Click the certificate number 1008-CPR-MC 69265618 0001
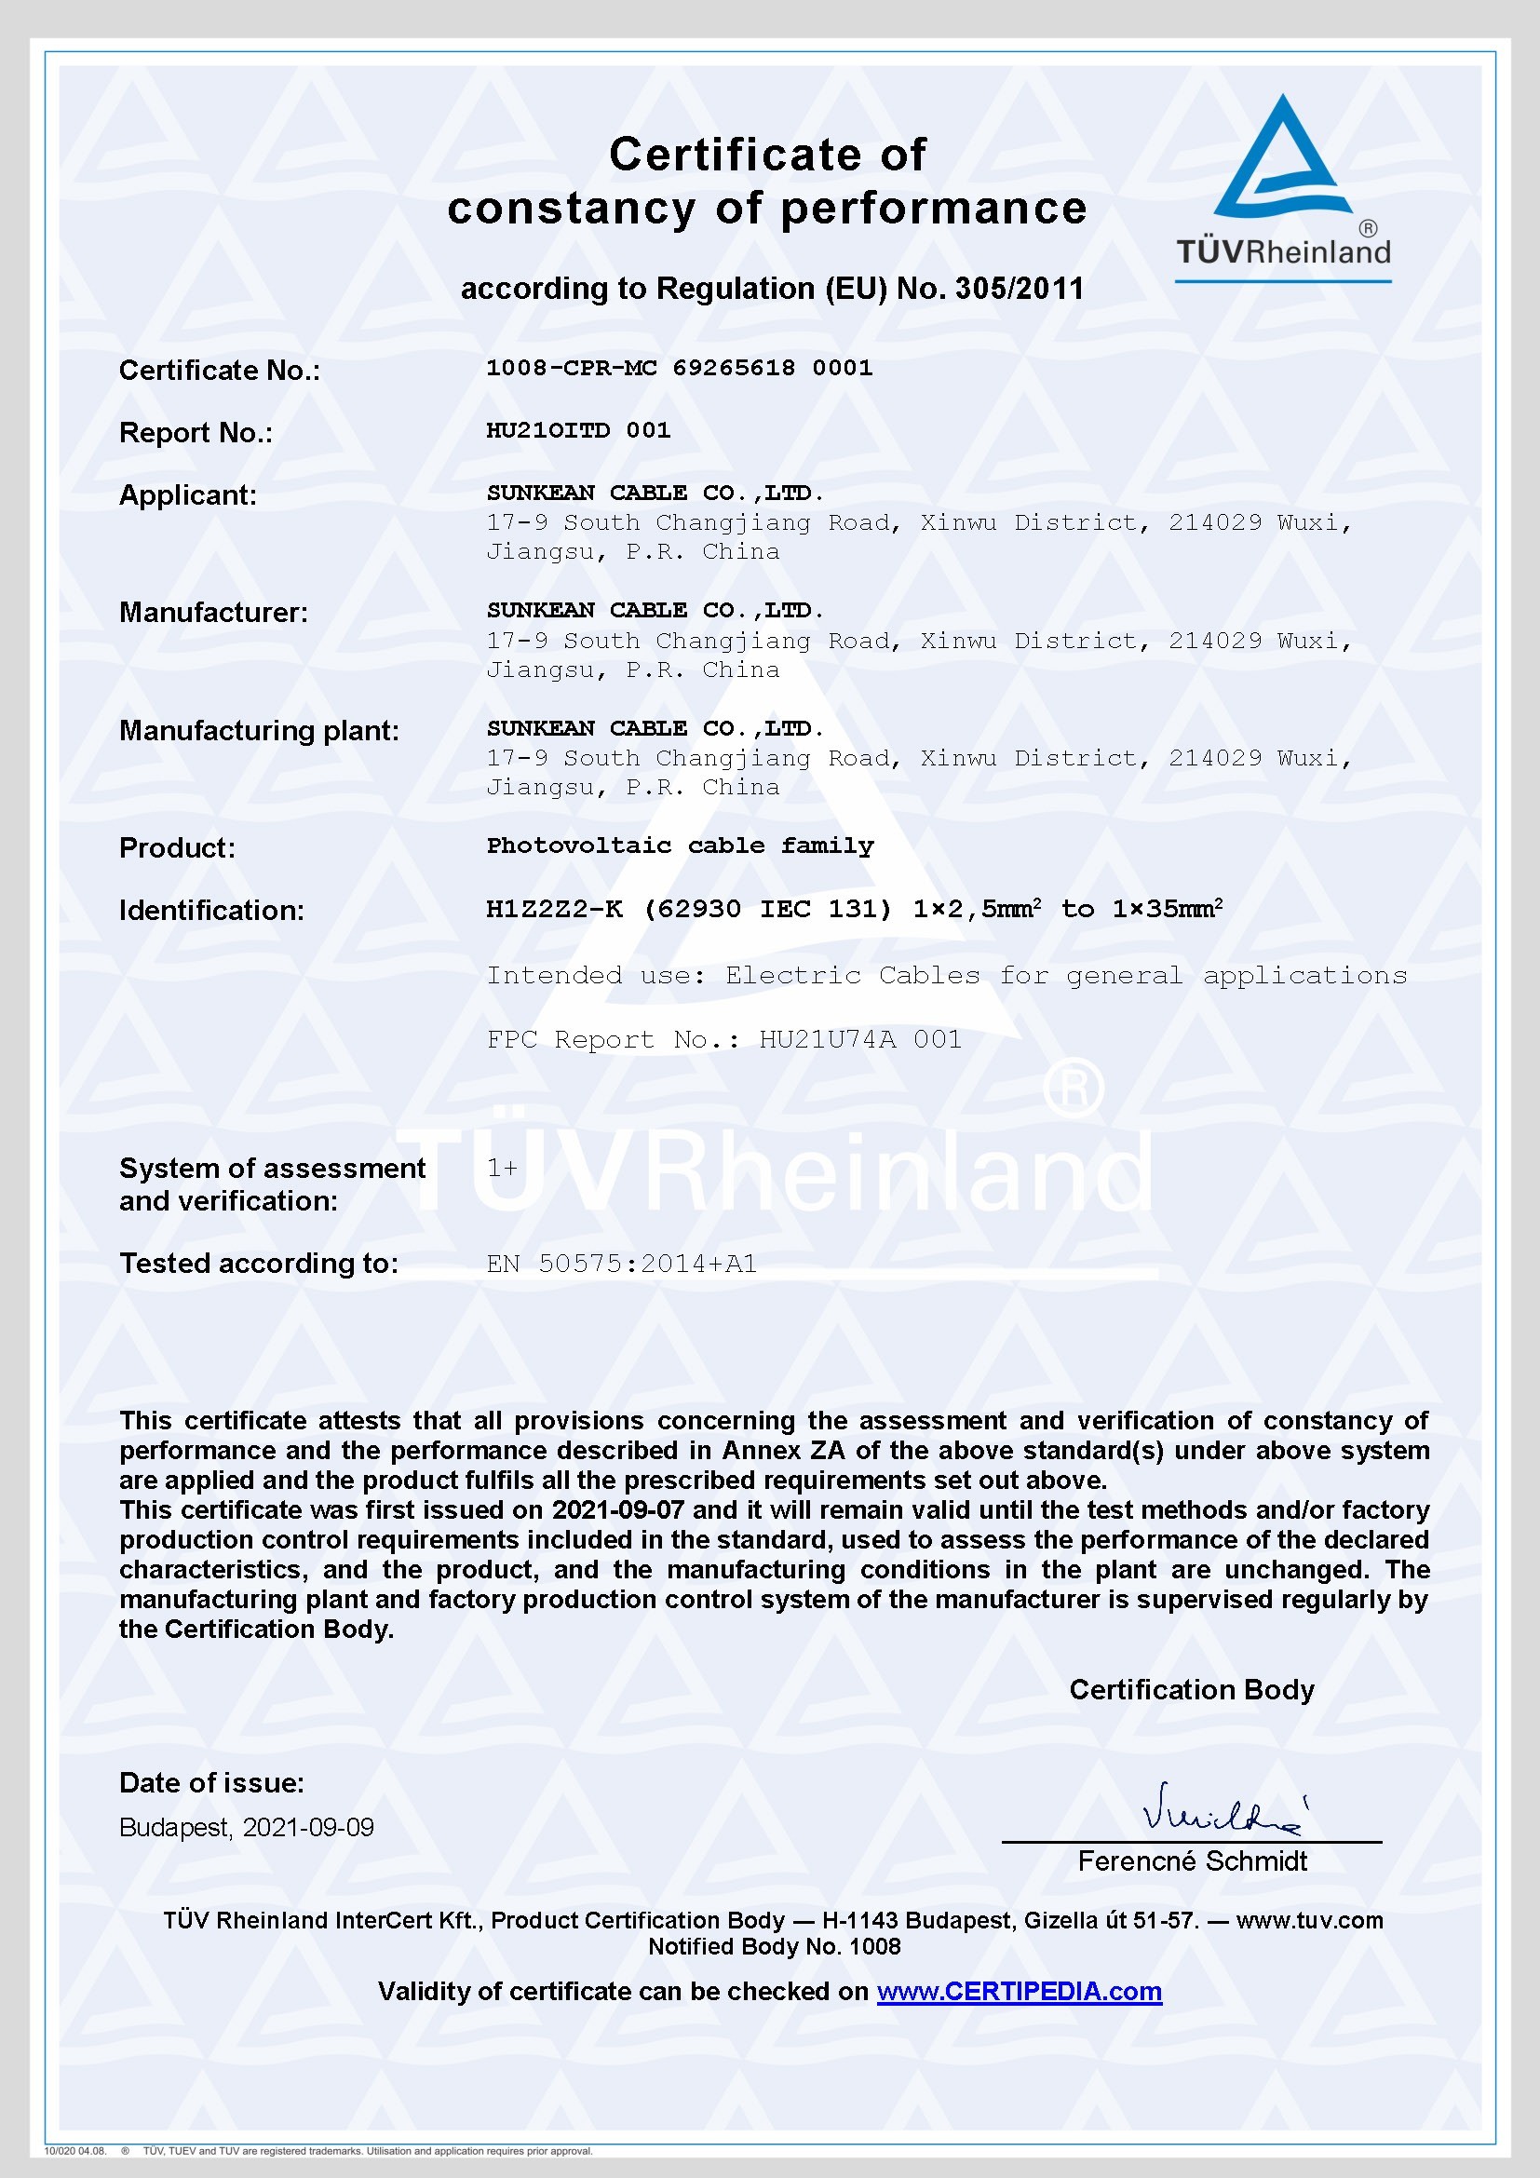679,368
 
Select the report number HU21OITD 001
578,431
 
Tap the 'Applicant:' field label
188,495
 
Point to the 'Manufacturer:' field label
213,613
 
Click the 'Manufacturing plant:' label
259,730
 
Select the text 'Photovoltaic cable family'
680,846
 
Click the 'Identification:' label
211,911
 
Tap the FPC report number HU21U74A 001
860,1040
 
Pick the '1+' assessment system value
502,1169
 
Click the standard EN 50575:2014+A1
621,1264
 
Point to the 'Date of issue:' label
211,1783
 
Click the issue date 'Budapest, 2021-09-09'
247,1828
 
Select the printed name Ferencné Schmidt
1192,1861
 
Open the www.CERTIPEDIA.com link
1019,1992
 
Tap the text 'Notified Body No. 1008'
774,1947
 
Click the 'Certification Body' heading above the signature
1191,1689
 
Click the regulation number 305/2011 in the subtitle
1020,289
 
